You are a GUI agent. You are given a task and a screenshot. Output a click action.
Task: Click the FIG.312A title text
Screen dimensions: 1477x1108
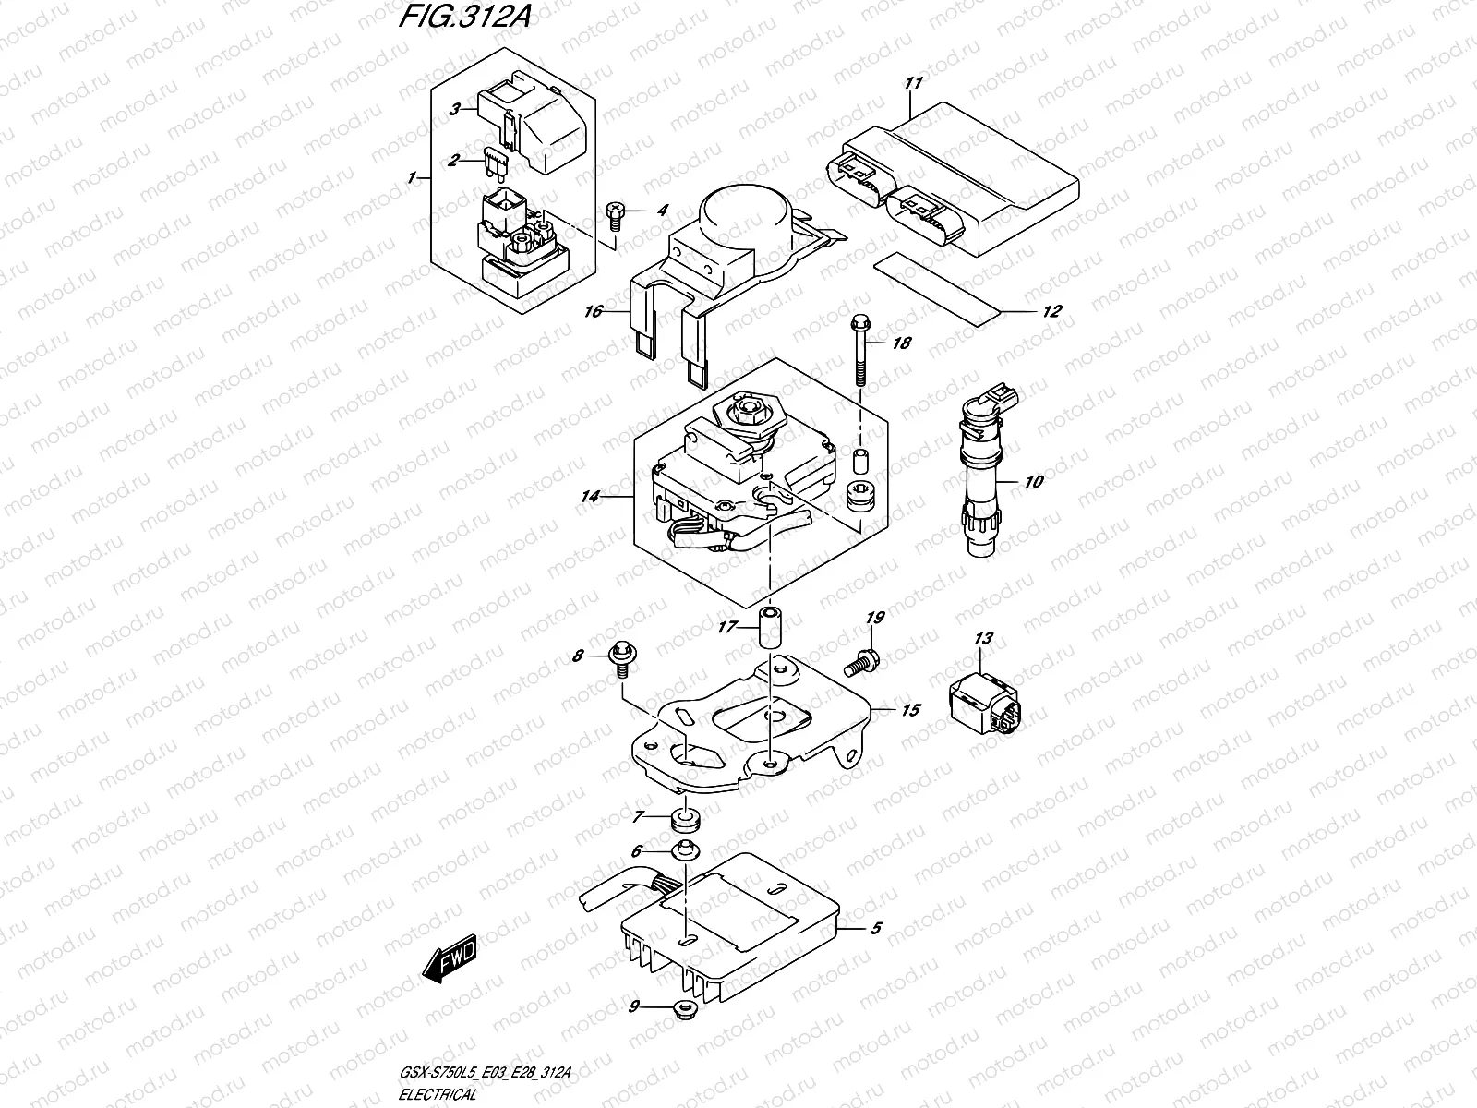pyautogui.click(x=465, y=16)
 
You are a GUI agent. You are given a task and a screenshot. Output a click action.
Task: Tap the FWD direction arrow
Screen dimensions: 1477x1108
pyautogui.click(x=449, y=958)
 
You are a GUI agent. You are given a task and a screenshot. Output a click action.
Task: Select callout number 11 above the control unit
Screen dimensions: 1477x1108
pyautogui.click(x=913, y=83)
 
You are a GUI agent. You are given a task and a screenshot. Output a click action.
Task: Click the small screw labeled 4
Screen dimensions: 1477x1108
pyautogui.click(x=615, y=217)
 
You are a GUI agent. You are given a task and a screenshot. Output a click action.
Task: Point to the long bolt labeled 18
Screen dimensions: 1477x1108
pyautogui.click(x=860, y=351)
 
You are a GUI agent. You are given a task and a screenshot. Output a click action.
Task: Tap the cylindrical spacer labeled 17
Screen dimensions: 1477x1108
pyautogui.click(x=771, y=627)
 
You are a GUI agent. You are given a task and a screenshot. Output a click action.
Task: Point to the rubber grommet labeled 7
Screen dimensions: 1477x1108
pyautogui.click(x=685, y=820)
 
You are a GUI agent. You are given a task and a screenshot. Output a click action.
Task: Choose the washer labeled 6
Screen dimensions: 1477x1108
pyautogui.click(x=685, y=850)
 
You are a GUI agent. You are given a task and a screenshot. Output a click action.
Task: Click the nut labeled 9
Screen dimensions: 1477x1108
pyautogui.click(x=684, y=1008)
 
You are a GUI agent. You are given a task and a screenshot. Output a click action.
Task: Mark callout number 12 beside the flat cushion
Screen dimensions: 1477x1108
pyautogui.click(x=1051, y=311)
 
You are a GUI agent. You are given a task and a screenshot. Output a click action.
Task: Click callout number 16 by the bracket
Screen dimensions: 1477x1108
pyautogui.click(x=593, y=311)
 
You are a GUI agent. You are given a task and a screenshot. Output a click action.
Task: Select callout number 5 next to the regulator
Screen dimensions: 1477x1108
pyautogui.click(x=875, y=929)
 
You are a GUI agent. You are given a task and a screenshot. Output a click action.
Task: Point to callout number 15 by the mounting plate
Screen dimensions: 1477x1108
pyautogui.click(x=910, y=710)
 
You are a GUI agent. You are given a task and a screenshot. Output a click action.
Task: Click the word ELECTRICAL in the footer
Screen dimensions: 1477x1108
pyautogui.click(x=438, y=1094)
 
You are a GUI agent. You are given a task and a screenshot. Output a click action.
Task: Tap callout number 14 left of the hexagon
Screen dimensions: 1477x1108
pyautogui.click(x=590, y=497)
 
